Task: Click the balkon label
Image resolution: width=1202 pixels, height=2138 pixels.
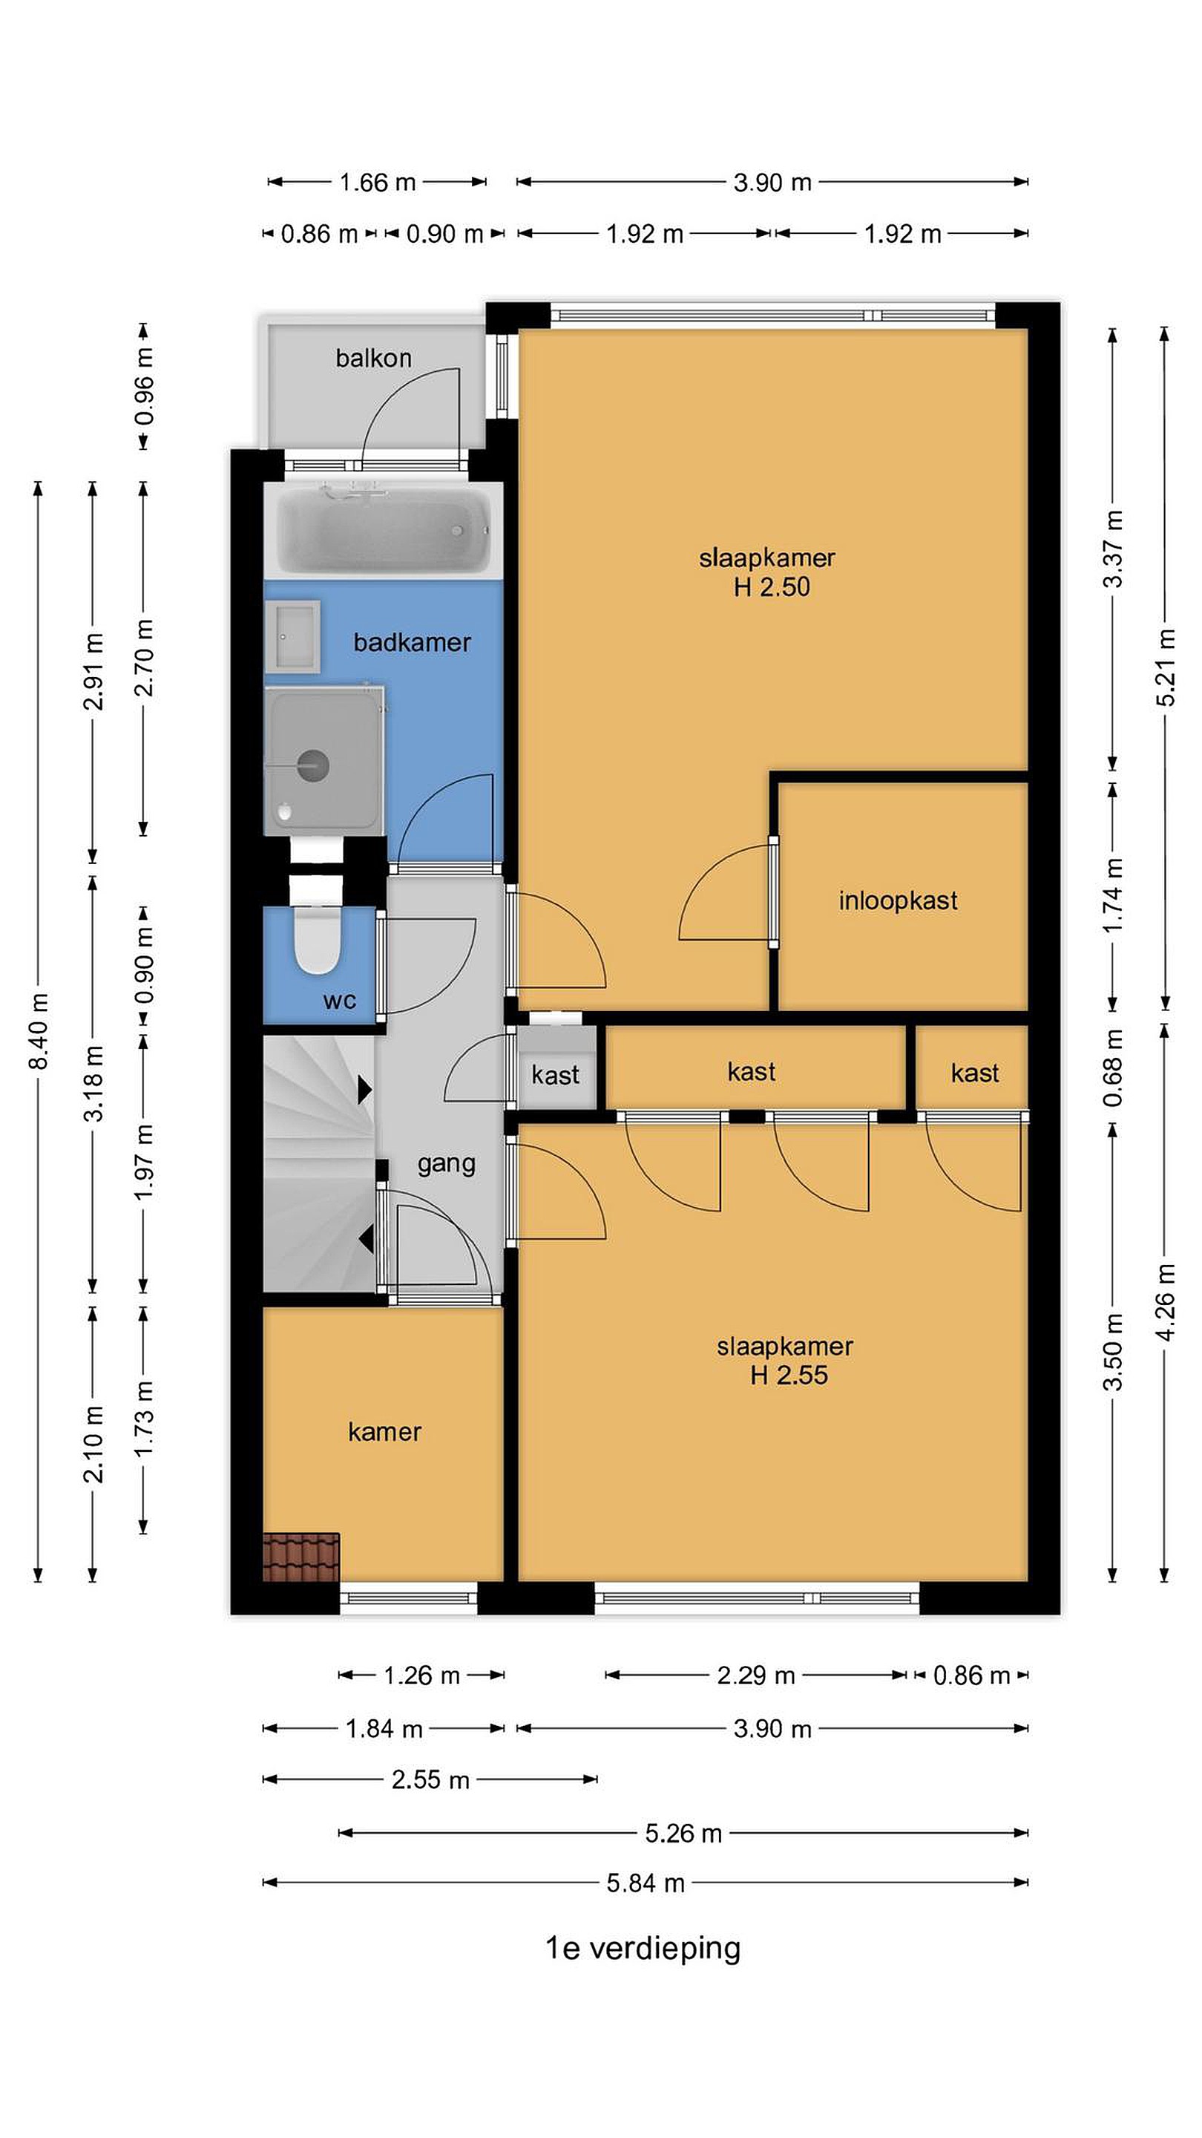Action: (x=373, y=358)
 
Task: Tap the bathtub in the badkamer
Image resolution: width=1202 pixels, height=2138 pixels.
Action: (x=384, y=529)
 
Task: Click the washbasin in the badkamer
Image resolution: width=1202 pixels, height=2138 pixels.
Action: (x=292, y=637)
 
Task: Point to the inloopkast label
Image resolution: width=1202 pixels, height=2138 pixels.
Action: (x=898, y=900)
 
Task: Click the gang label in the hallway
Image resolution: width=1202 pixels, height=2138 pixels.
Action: (x=446, y=1165)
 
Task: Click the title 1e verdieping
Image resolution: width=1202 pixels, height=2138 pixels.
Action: (x=643, y=1948)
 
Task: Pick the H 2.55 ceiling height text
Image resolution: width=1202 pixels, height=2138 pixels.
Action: (x=789, y=1376)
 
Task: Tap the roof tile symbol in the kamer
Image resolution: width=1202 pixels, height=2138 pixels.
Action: (x=301, y=1557)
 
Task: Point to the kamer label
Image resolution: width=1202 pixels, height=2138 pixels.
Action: (x=384, y=1432)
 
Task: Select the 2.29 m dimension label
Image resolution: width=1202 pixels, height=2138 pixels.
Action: (x=756, y=1675)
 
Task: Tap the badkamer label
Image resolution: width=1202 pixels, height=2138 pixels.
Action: (x=413, y=641)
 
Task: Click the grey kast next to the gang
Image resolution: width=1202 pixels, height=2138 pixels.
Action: (x=556, y=1068)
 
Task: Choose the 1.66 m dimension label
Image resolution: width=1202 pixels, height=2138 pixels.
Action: (x=378, y=182)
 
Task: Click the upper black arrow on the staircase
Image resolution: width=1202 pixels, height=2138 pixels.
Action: (x=364, y=1090)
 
